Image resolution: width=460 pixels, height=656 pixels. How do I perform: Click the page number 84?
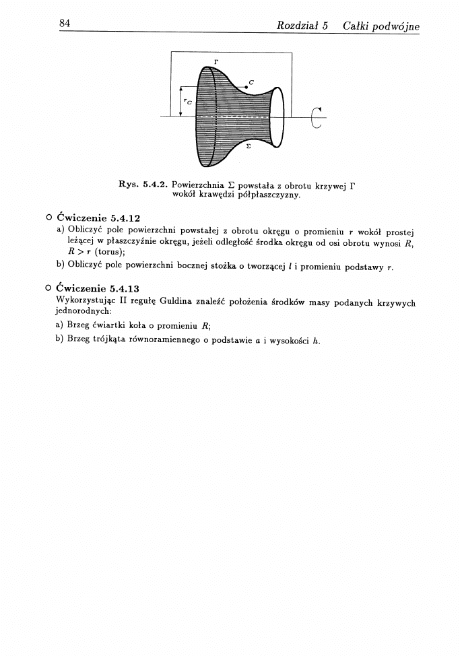coord(65,24)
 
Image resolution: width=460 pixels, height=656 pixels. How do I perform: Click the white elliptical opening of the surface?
coord(276,117)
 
